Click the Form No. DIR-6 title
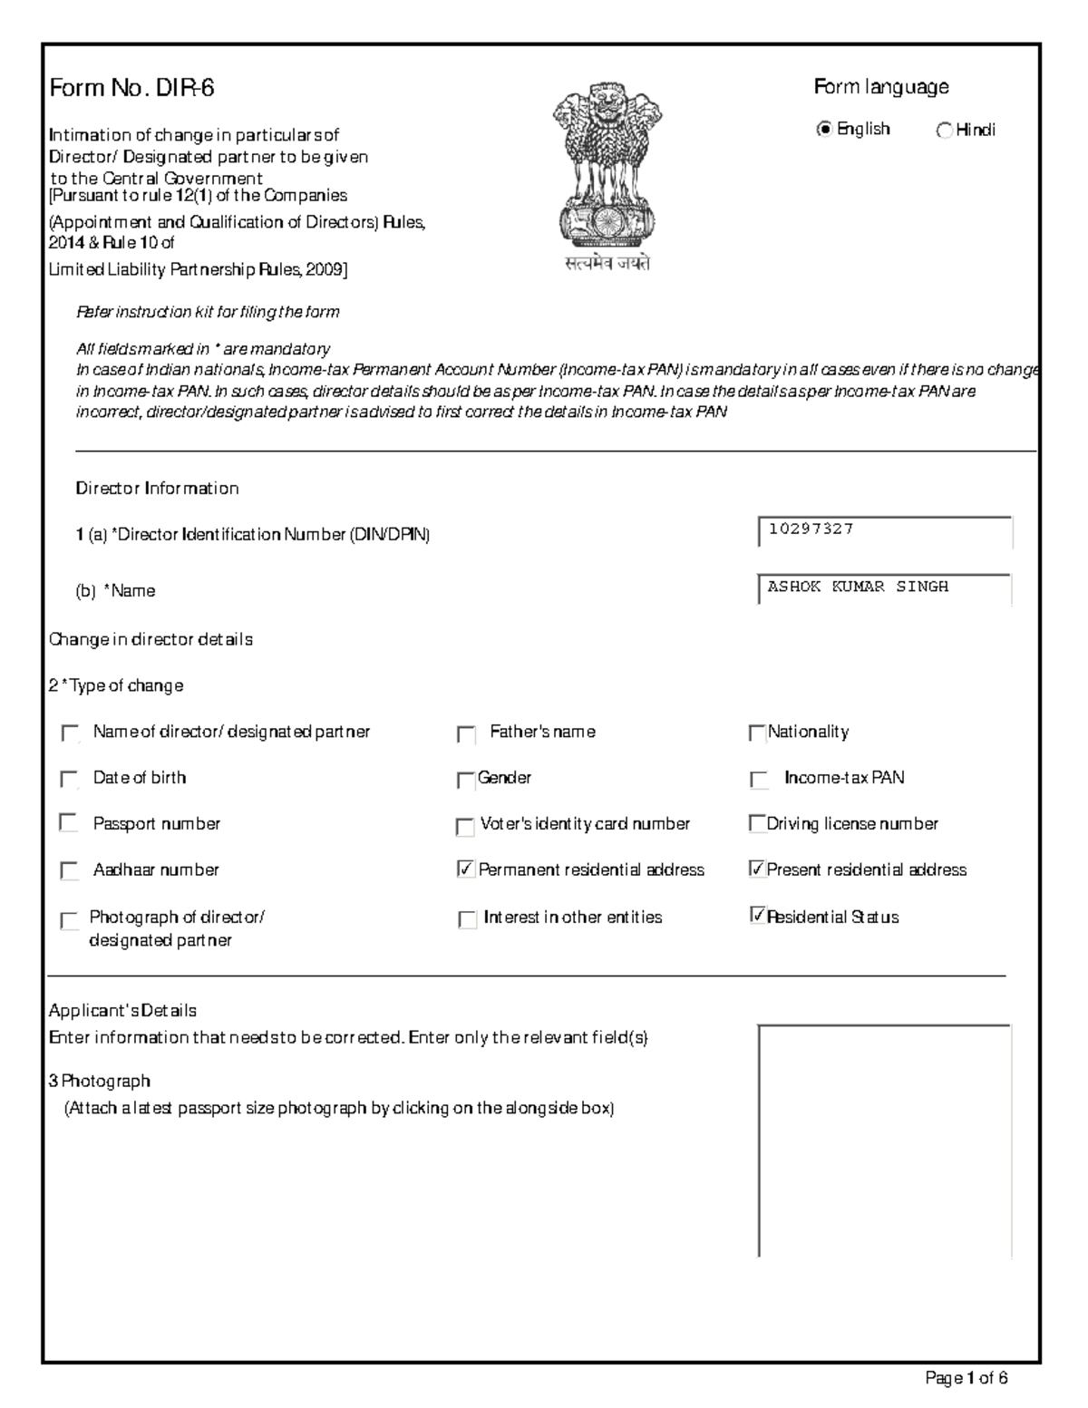pos(131,88)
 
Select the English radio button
pos(823,130)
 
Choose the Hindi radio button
pos(944,131)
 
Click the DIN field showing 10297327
pos(884,531)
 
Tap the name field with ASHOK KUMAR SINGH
pos(884,588)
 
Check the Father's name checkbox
pos(466,733)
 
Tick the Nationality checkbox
pos(756,733)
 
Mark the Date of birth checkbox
pos(69,779)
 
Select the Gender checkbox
pos(465,780)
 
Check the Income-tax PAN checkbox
pos(759,780)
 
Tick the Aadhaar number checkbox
pos(69,870)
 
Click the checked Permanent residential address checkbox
pos(466,870)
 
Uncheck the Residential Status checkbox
pos(758,916)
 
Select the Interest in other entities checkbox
pos(467,919)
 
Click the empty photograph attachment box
pos(884,1141)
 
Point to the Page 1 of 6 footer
pos(966,1378)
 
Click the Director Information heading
pos(157,489)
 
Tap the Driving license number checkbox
pos(756,823)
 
